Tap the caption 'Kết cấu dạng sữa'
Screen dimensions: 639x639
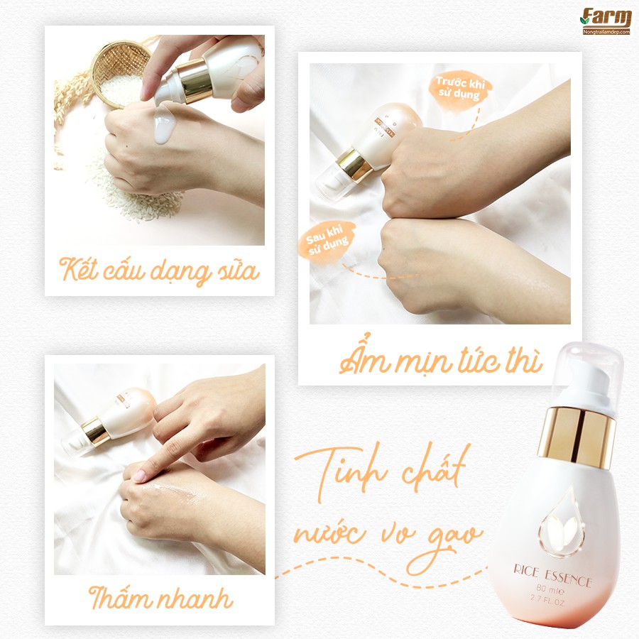[159, 271]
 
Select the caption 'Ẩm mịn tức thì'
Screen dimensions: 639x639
[440, 361]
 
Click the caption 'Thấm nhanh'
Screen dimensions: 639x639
[160, 598]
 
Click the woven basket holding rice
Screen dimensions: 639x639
[120, 72]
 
